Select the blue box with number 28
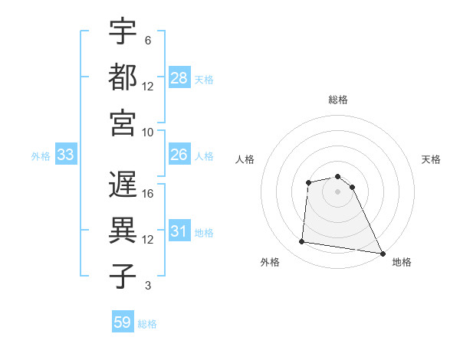pyautogui.click(x=179, y=78)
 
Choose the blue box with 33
pyautogui.click(x=66, y=155)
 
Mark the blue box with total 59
pyautogui.click(x=123, y=322)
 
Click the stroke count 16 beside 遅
pyautogui.click(x=148, y=193)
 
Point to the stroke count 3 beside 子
pyautogui.click(x=147, y=286)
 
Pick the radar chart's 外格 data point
pyautogui.click(x=302, y=242)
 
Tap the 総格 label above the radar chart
pyautogui.click(x=338, y=100)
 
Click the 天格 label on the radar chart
pyautogui.click(x=431, y=159)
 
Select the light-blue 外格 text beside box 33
pyautogui.click(x=41, y=156)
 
